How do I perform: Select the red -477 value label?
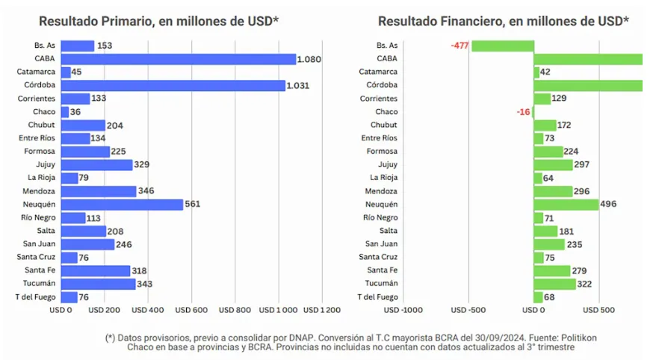pos(460,46)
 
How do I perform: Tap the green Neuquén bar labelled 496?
pos(566,205)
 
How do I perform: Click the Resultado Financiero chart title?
pos(503,22)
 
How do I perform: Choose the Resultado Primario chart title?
pos(158,22)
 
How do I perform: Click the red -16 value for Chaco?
pos(523,112)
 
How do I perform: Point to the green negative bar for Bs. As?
pos(502,46)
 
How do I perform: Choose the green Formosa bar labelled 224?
pos(548,152)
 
